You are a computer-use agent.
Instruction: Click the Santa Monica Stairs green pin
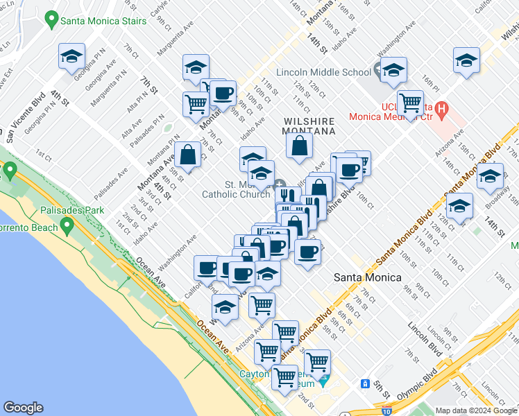(x=51, y=20)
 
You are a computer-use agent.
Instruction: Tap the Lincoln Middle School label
(x=323, y=72)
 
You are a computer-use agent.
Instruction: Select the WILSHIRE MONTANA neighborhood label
(x=309, y=125)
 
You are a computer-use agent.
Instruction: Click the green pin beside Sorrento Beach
(x=67, y=226)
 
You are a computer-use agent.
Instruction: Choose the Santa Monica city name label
(x=367, y=277)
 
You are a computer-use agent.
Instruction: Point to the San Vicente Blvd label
(x=23, y=114)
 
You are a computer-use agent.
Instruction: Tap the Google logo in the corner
(x=23, y=408)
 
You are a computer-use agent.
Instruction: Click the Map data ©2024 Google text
(x=475, y=410)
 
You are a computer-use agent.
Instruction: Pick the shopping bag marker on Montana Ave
(x=187, y=155)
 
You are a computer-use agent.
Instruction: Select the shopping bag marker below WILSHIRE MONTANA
(x=299, y=146)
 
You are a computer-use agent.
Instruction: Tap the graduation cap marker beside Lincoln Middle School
(x=393, y=70)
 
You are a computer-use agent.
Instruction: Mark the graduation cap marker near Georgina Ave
(x=71, y=56)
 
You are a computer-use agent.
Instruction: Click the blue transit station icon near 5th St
(x=365, y=383)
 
